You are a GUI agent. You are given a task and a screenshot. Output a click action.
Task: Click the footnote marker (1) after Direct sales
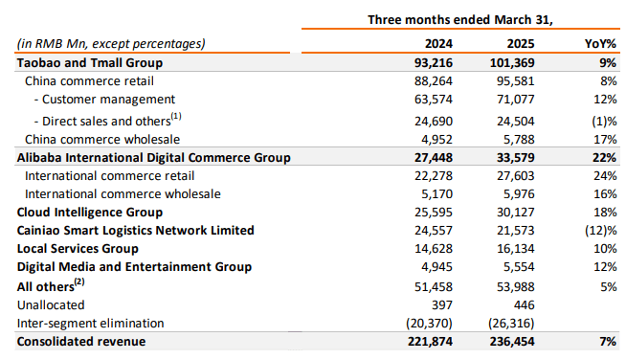[x=176, y=115]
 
